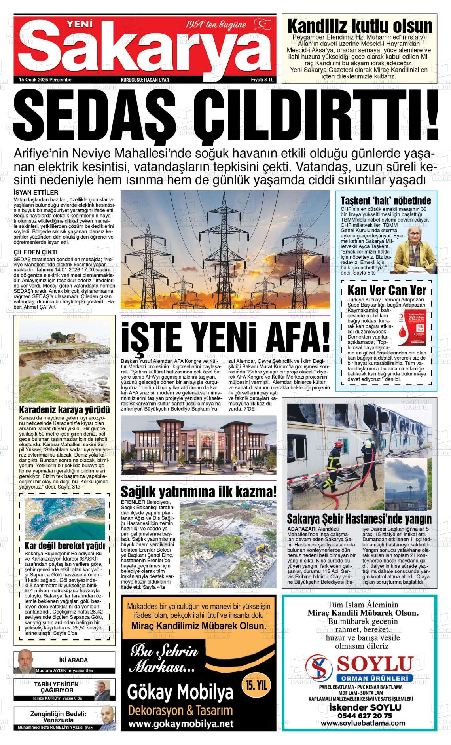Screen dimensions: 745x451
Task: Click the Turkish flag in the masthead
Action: click(262, 24)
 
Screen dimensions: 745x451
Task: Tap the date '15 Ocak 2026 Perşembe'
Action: click(45, 80)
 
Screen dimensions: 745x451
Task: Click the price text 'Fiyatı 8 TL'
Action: click(262, 80)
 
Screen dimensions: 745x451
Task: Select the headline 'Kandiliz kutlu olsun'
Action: click(360, 26)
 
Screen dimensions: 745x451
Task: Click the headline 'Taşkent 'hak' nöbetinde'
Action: click(386, 200)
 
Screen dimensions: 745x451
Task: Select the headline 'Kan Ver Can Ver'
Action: click(387, 290)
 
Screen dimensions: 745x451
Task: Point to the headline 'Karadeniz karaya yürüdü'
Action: click(64, 409)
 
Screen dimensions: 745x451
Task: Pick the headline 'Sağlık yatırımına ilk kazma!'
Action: click(199, 492)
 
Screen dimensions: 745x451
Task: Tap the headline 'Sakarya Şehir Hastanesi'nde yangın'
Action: click(359, 519)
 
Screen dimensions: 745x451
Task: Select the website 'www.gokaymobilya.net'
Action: click(180, 724)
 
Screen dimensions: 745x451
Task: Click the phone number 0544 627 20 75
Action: click(359, 715)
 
